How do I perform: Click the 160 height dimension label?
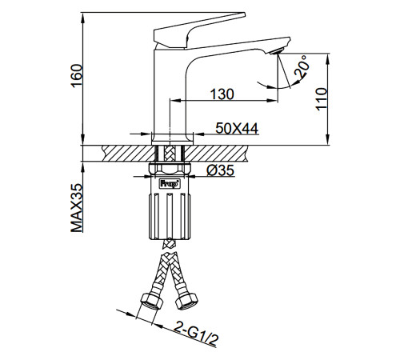pos(77,75)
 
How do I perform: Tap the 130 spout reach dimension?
pos(222,94)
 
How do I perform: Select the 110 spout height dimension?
pos(322,98)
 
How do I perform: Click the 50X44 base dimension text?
pos(237,129)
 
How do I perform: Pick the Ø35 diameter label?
pos(220,170)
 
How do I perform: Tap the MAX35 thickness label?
pos(77,208)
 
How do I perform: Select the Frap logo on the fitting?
pos(170,184)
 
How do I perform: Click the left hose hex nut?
pos(151,302)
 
